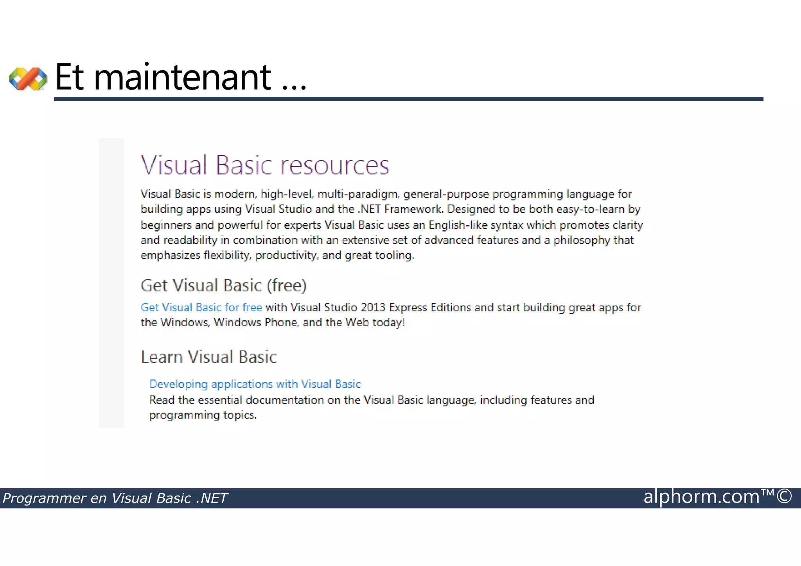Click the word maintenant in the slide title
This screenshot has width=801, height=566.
182,77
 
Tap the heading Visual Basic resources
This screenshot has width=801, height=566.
265,165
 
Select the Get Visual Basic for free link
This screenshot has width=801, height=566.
201,307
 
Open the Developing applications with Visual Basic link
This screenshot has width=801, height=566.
255,384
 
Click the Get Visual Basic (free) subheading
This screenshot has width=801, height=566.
223,286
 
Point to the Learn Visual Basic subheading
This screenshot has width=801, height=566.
208,357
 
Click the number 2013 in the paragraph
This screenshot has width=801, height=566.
373,307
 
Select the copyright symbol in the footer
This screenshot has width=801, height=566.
784,497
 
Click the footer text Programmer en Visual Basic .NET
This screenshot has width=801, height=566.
115,498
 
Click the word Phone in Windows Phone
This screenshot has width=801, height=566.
282,323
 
